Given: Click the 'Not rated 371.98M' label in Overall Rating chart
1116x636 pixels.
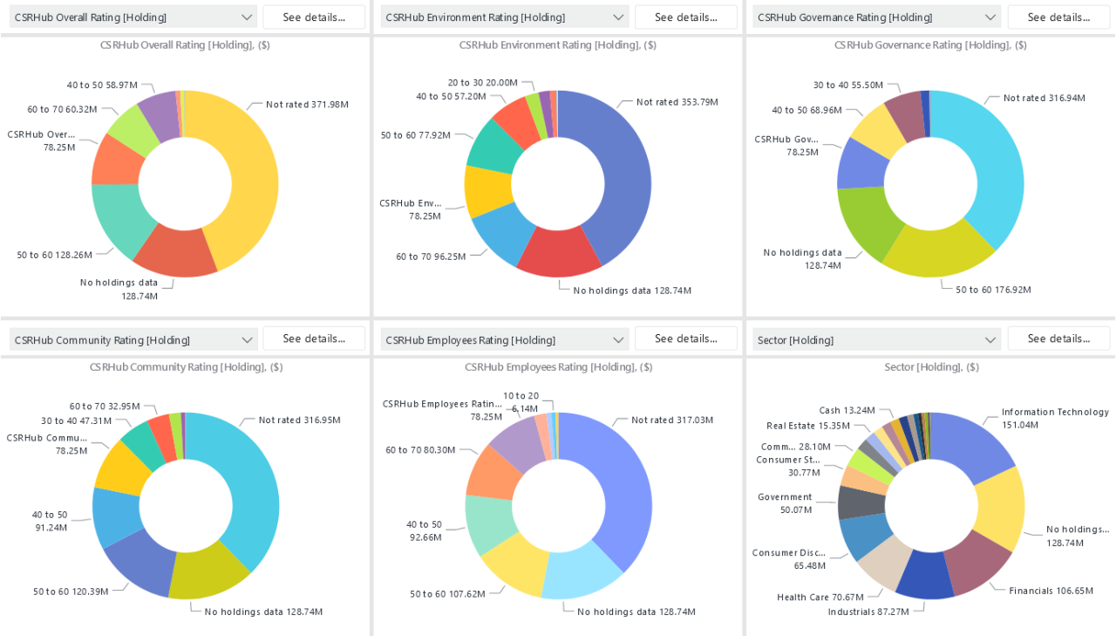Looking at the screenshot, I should click(x=307, y=105).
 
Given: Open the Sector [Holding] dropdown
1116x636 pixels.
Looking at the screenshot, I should click(x=876, y=339).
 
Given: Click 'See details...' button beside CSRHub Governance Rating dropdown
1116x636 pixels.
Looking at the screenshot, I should click(x=1058, y=17).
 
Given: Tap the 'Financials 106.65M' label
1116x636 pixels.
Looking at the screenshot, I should click(x=1051, y=591).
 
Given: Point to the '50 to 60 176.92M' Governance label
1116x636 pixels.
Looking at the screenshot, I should click(x=993, y=290).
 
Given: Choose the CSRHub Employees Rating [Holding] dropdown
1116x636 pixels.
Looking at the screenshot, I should click(x=504, y=340).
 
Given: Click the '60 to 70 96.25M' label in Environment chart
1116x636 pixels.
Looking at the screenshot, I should click(x=431, y=256).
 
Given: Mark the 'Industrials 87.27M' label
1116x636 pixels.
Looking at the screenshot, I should click(x=868, y=612).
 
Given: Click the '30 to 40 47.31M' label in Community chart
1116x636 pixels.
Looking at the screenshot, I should click(x=77, y=421).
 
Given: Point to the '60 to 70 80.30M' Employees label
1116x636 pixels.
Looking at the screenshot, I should click(x=421, y=450).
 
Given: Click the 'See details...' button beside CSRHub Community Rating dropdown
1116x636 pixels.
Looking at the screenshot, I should click(x=313, y=339).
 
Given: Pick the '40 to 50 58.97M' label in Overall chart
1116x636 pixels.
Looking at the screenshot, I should click(x=102, y=85).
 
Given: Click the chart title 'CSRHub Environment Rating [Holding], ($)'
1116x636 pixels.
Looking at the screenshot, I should click(x=558, y=45).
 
